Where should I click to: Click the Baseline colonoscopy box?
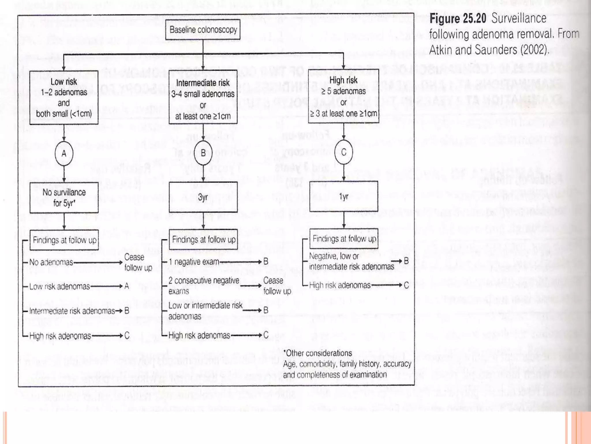click(x=203, y=29)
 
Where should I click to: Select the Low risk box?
click(x=64, y=97)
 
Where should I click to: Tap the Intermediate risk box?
click(x=203, y=97)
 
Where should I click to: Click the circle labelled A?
click(x=64, y=153)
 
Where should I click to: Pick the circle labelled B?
click(x=203, y=153)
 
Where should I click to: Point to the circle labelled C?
click(x=343, y=152)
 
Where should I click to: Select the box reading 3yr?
click(x=203, y=197)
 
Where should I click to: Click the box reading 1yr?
click(x=343, y=197)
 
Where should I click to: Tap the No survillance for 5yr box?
click(x=64, y=198)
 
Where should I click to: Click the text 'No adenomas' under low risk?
click(x=51, y=262)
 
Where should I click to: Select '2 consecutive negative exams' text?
click(x=203, y=286)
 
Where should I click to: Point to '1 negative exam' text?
click(x=194, y=262)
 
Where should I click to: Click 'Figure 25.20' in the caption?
click(x=458, y=18)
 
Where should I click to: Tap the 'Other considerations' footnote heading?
click(x=318, y=353)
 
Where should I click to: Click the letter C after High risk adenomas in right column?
click(x=406, y=286)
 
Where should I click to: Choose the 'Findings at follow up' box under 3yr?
click(x=203, y=240)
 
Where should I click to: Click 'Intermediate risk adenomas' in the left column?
click(x=72, y=311)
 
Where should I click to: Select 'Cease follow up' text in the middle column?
click(x=277, y=286)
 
